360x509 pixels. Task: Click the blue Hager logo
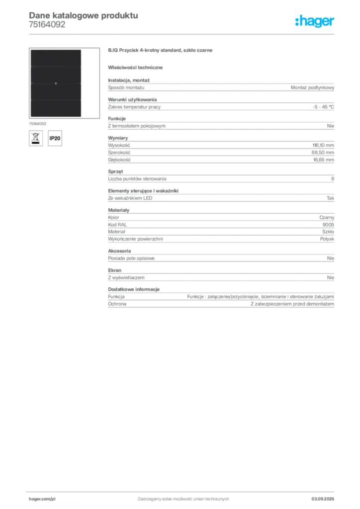click(x=315, y=22)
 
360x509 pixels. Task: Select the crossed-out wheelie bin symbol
click(x=35, y=138)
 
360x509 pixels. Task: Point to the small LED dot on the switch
click(x=56, y=83)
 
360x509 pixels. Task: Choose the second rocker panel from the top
click(x=55, y=75)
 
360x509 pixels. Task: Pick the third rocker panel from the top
click(x=55, y=92)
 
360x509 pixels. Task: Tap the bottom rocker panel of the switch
click(x=55, y=109)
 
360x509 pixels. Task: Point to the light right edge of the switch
click(x=82, y=83)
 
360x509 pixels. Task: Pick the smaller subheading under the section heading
click(x=137, y=67)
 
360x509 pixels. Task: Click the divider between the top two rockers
click(x=55, y=66)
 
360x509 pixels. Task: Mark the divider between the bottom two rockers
click(x=55, y=100)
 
